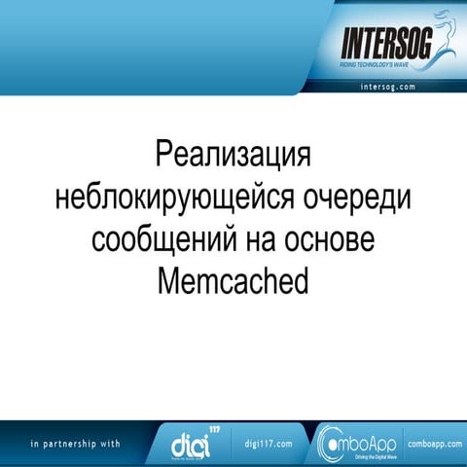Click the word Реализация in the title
(x=233, y=156)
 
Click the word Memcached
(x=233, y=281)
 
